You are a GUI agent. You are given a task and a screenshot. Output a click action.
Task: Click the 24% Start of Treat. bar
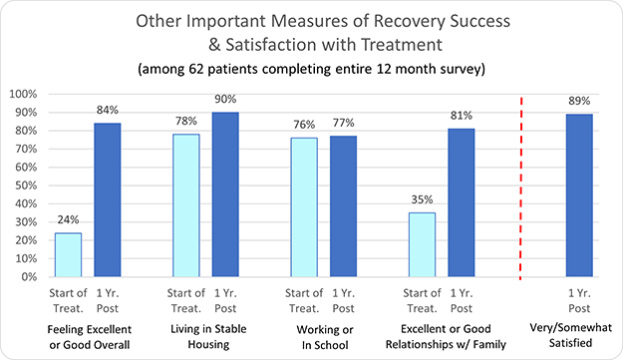68,254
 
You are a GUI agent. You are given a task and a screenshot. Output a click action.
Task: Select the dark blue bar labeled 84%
109,199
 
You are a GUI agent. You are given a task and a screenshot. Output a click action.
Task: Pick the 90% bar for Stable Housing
226,193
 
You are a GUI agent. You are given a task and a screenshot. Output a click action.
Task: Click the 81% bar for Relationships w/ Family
462,202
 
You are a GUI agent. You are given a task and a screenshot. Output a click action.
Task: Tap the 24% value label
68,220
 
